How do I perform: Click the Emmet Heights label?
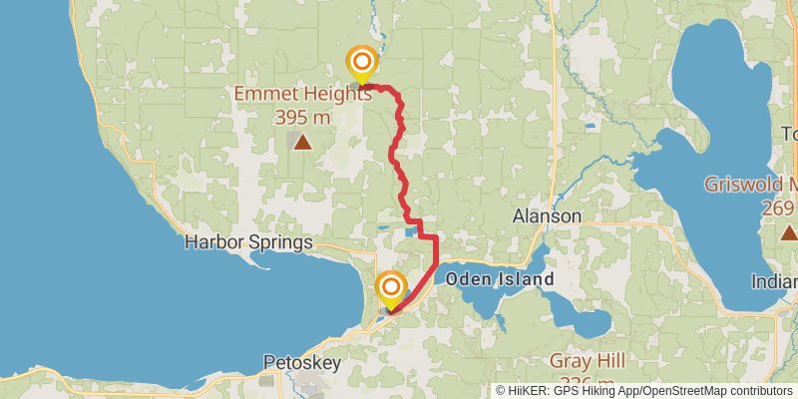tap(303, 95)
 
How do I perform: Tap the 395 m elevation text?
tap(302, 117)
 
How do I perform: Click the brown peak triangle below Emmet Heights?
tap(302, 143)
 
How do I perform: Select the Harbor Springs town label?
tap(249, 242)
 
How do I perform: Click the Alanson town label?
tap(547, 216)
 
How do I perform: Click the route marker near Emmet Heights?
tap(361, 64)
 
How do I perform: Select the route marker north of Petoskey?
tap(390, 289)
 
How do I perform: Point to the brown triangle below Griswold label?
tap(789, 232)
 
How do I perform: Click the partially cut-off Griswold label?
tap(750, 185)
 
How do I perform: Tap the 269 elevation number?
tap(776, 207)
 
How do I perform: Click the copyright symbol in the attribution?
tap(501, 390)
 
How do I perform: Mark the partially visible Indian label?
tap(775, 280)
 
